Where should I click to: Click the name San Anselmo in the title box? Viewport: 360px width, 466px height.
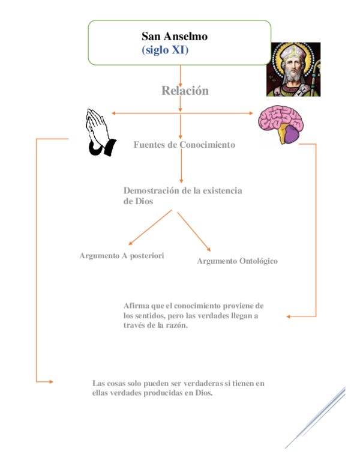click(x=175, y=37)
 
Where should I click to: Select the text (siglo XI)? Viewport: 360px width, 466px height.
click(x=165, y=50)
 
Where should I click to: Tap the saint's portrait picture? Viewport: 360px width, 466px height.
click(x=293, y=69)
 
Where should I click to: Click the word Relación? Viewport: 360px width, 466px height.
click(x=185, y=91)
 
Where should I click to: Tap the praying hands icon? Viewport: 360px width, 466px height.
click(x=101, y=132)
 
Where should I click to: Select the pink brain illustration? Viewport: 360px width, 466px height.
click(x=281, y=124)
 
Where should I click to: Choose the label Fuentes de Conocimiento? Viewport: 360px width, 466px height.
click(x=184, y=145)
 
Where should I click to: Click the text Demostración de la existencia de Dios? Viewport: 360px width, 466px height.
click(x=182, y=196)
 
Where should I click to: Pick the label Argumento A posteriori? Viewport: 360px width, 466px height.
click(x=122, y=255)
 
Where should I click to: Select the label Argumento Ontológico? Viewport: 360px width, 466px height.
click(x=237, y=261)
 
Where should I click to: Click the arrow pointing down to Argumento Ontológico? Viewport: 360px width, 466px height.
click(x=194, y=231)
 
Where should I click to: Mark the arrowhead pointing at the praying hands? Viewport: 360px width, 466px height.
click(x=113, y=113)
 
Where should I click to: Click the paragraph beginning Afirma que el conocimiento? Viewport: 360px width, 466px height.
click(x=193, y=315)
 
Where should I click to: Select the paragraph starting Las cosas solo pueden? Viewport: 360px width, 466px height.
click(x=178, y=388)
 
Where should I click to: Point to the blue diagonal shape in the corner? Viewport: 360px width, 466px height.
click(x=316, y=418)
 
